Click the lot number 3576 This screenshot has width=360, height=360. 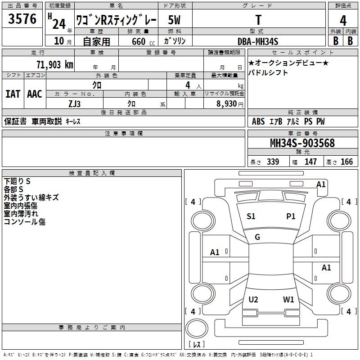[x=22, y=19]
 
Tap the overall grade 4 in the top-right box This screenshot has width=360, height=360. [x=343, y=21]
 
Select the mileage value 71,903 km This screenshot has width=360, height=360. [x=55, y=65]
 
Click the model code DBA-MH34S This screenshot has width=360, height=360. [x=258, y=41]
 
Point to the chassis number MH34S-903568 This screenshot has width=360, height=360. [x=302, y=143]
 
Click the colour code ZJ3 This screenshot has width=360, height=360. [x=75, y=104]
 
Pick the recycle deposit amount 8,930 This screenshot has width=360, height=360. [x=226, y=104]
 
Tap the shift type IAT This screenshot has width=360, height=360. [x=13, y=94]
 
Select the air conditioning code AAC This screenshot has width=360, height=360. [x=35, y=94]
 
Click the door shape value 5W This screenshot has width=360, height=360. [x=174, y=20]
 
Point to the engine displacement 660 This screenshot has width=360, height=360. [x=139, y=41]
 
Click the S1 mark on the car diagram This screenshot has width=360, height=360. [x=251, y=216]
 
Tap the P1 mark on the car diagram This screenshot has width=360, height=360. [x=291, y=216]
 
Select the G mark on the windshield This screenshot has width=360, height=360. [x=257, y=237]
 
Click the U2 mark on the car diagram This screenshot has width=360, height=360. [x=253, y=299]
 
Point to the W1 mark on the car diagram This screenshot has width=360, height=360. [x=288, y=299]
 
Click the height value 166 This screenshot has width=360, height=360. [x=346, y=162]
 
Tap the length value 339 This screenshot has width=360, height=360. [x=273, y=162]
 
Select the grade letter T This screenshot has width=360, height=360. [x=258, y=20]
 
